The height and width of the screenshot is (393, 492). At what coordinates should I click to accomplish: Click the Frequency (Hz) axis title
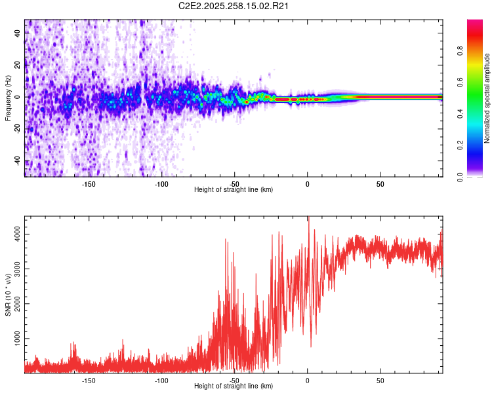7,98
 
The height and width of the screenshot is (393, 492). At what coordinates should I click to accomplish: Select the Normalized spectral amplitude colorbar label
487,99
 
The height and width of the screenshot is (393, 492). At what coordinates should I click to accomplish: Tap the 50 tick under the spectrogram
380,184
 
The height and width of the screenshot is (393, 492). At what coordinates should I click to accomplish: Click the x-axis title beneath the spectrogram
234,190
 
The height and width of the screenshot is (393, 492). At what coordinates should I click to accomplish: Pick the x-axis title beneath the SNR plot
234,386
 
